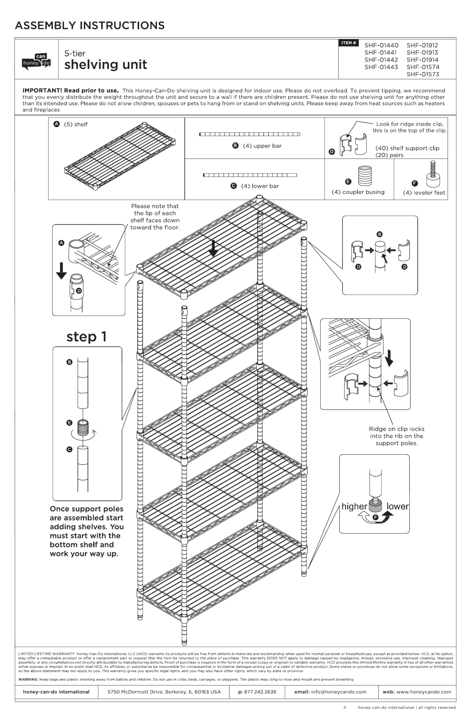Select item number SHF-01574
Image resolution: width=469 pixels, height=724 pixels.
point(423,67)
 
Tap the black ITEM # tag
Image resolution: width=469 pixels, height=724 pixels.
point(348,43)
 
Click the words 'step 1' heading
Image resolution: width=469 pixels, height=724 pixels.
point(86,337)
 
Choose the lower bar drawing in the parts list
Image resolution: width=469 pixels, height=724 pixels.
point(250,175)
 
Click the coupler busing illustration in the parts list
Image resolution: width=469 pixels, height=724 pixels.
point(365,175)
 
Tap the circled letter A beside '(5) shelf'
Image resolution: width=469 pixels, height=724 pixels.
point(57,124)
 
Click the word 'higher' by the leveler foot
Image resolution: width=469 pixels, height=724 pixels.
point(354,506)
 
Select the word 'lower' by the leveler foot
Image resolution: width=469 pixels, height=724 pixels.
point(397,506)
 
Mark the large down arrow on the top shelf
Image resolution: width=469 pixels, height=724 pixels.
point(213,248)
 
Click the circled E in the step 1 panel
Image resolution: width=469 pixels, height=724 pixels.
point(70,423)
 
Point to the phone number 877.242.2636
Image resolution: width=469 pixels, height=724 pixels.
point(260,692)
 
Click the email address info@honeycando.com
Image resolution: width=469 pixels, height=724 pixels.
point(339,692)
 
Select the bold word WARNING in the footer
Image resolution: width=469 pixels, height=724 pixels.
point(28,679)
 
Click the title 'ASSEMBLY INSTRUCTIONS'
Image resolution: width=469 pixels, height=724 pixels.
point(90,26)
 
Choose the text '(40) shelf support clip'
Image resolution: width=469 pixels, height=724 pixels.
point(407,148)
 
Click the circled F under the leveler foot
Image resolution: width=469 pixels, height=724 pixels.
point(376,517)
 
